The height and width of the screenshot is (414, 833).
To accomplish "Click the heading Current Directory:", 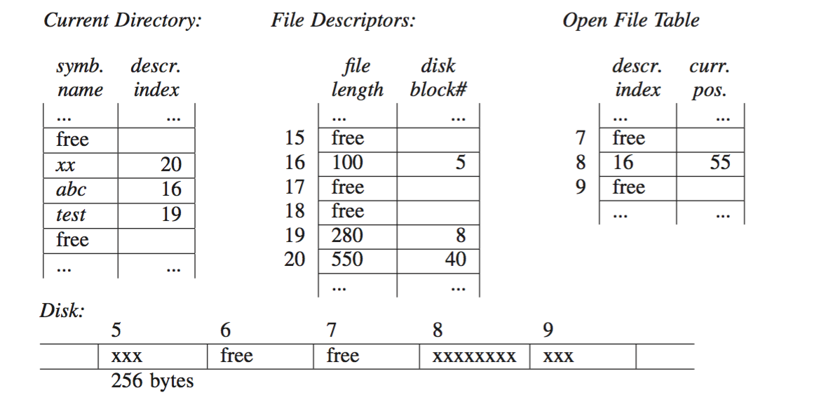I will tap(122, 20).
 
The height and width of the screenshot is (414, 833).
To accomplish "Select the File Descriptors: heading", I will tap(343, 20).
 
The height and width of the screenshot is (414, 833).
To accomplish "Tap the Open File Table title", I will tap(630, 20).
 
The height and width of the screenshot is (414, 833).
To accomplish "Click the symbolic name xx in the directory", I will tap(67, 166).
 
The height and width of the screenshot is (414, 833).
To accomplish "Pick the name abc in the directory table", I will tap(71, 189).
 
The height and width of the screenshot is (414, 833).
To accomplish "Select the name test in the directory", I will tap(71, 215).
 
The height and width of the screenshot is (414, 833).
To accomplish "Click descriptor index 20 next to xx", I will tap(170, 165).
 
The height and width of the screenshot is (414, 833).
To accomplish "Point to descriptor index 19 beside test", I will tap(170, 214).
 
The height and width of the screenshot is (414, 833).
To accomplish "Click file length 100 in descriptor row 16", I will tap(347, 163).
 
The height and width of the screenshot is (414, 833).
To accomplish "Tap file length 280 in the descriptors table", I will tap(347, 235).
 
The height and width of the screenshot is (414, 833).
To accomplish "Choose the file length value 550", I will tap(347, 260).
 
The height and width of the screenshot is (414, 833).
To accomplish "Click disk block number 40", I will tap(455, 260).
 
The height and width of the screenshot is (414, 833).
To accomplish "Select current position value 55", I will tap(719, 163).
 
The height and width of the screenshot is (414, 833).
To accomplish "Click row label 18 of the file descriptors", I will tap(295, 211).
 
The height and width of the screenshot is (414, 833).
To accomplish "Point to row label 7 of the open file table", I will tap(581, 138).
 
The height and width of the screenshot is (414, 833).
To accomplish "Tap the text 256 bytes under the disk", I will tap(152, 382).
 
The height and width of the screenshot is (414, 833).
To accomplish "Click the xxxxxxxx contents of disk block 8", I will tap(474, 357).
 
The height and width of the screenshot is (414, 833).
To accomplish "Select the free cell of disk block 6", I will tap(236, 356).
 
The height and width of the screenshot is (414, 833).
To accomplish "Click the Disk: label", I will tap(62, 311).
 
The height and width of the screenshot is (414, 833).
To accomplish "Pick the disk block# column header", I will tap(438, 78).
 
